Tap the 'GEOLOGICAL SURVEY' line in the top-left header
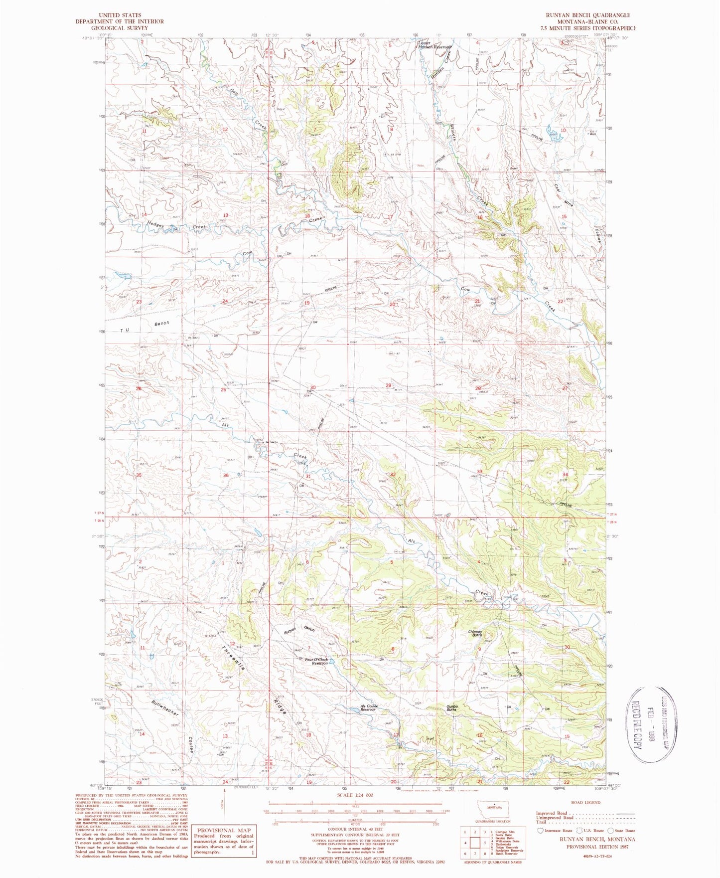click(x=120, y=28)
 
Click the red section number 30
click(x=313, y=387)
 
